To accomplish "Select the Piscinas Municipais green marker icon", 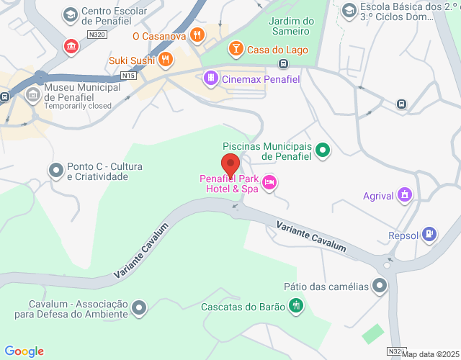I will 323,150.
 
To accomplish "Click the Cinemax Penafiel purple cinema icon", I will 210,78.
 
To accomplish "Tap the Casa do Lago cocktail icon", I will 235,49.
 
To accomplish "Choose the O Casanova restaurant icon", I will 196,35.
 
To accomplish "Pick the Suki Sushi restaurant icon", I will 166,60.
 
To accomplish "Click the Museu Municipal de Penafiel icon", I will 33,94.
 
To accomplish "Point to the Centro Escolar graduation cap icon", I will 70,14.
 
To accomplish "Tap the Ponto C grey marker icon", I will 55,171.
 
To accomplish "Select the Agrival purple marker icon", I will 405,194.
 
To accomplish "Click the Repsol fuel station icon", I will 430,234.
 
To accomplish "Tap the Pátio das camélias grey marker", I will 380,286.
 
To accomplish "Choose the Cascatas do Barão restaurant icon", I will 295,307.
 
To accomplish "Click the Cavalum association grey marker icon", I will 140,309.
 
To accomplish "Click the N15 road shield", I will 129,75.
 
